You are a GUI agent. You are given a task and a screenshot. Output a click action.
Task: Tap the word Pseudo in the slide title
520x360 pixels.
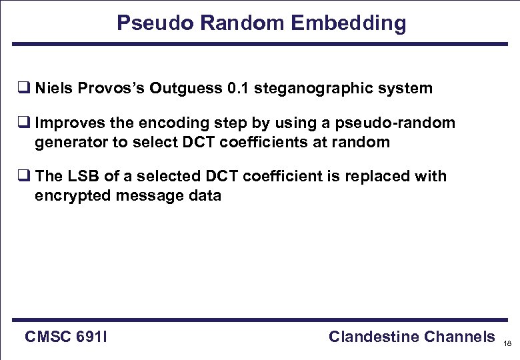155,23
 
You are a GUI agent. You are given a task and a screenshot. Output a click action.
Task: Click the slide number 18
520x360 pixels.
508,344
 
